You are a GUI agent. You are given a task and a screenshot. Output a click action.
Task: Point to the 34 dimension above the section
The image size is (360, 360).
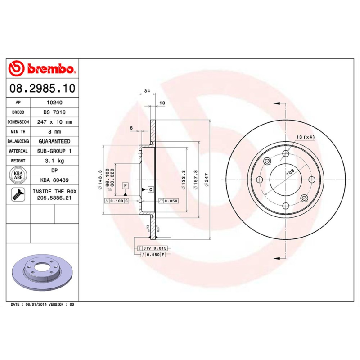[x=147, y=91]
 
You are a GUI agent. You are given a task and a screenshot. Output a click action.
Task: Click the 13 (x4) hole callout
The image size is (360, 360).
[x=306, y=137]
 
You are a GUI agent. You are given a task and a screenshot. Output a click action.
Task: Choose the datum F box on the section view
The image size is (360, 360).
[x=125, y=186]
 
